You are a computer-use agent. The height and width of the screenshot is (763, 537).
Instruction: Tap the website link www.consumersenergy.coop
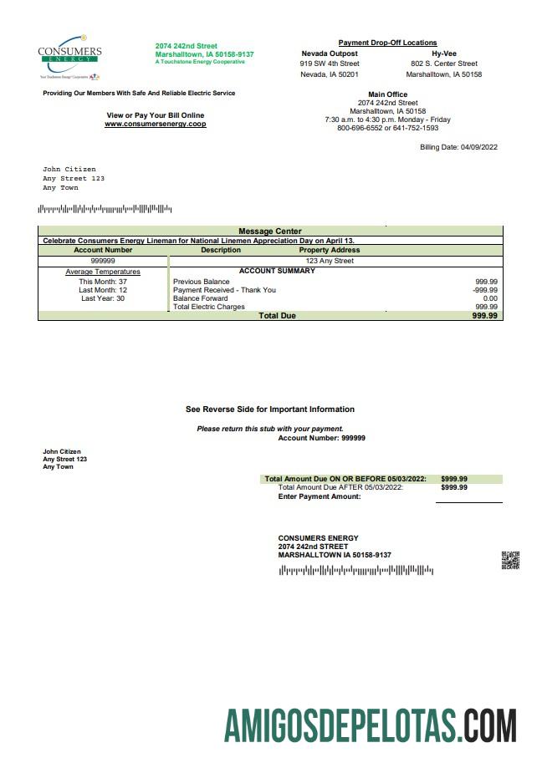(155, 125)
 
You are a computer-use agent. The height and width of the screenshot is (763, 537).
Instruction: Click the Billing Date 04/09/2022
(458, 147)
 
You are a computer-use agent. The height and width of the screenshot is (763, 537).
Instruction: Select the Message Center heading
(270, 231)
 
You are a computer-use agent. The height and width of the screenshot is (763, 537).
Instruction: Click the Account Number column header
(103, 250)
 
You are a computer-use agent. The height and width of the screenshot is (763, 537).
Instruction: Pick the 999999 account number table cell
(103, 261)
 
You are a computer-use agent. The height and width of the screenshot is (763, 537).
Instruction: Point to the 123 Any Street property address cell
(330, 261)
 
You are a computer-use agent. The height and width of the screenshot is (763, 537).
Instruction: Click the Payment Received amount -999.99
(484, 290)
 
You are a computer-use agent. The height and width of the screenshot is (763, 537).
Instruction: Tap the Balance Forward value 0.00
(490, 298)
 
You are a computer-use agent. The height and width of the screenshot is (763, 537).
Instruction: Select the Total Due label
(277, 316)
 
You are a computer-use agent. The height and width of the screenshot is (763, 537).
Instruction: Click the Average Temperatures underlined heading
(103, 272)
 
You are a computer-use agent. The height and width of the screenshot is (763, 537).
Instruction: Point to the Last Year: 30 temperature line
(103, 298)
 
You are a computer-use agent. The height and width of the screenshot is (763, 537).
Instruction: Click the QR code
(510, 561)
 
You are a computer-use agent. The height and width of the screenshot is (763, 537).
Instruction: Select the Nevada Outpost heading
(330, 53)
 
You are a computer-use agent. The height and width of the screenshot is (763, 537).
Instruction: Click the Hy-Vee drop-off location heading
(443, 53)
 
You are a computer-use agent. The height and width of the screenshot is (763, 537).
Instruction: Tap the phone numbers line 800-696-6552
(387, 129)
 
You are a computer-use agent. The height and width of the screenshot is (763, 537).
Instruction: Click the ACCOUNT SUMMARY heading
(277, 271)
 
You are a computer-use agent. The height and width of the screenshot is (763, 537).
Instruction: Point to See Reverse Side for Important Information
(269, 409)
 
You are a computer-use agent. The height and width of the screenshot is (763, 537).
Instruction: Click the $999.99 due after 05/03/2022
(454, 487)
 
